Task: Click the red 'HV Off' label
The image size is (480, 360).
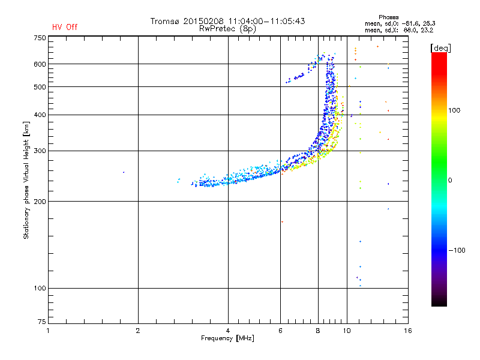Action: (x=64, y=27)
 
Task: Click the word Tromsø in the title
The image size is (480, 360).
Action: (x=166, y=21)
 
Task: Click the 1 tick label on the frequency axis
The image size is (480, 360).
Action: (x=48, y=331)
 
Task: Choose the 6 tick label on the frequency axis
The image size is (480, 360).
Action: (x=280, y=331)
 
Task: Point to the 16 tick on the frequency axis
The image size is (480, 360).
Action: (x=407, y=331)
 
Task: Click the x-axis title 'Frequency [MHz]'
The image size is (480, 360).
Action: (x=227, y=338)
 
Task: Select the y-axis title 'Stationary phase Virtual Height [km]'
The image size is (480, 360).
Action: (x=26, y=180)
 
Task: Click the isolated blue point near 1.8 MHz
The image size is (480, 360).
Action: (x=124, y=172)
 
